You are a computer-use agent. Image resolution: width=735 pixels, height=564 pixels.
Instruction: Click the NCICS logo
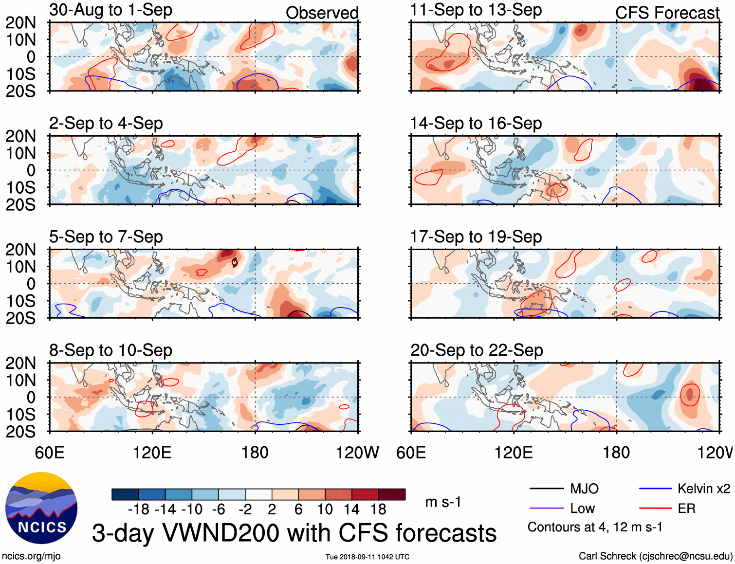pyautogui.click(x=41, y=508)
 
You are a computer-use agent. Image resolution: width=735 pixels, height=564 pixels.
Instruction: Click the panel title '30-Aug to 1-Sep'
pyautogui.click(x=110, y=10)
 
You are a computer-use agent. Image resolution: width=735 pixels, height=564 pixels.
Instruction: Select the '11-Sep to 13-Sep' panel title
pyautogui.click(x=476, y=10)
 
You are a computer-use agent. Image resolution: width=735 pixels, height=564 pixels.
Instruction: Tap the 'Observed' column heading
pyautogui.click(x=322, y=13)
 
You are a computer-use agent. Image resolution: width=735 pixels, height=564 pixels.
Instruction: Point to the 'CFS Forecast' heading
pyautogui.click(x=667, y=13)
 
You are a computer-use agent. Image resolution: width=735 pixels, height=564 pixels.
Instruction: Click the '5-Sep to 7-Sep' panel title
pyautogui.click(x=106, y=237)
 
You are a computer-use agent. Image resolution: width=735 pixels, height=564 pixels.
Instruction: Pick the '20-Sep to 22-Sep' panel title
pyautogui.click(x=476, y=350)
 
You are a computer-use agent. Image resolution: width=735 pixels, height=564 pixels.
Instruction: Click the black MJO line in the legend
pyautogui.click(x=546, y=489)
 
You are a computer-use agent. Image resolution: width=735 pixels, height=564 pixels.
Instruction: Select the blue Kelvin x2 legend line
pyautogui.click(x=655, y=489)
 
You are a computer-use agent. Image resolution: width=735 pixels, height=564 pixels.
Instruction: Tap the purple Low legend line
pyautogui.click(x=546, y=508)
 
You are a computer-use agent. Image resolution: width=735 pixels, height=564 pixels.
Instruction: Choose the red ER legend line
pyautogui.click(x=655, y=508)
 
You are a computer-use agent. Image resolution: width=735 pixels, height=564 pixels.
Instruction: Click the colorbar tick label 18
pyautogui.click(x=378, y=509)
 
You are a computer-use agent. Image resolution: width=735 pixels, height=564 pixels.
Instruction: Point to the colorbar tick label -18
pyautogui.click(x=138, y=509)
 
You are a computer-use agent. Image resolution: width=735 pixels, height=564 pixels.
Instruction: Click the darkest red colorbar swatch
pyautogui.click(x=392, y=494)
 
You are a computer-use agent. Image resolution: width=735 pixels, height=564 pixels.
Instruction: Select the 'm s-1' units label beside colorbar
pyautogui.click(x=443, y=502)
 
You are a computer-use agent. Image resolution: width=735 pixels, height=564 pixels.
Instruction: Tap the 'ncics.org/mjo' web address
pyautogui.click(x=31, y=556)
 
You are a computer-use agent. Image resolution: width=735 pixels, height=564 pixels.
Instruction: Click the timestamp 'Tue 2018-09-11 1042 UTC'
pyautogui.click(x=367, y=557)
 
